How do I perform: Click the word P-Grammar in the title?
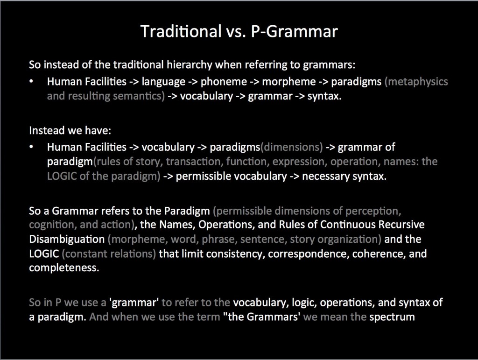(294, 31)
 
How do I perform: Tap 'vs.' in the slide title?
(236, 31)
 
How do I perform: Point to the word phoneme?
(224, 82)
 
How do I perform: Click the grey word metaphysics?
(416, 82)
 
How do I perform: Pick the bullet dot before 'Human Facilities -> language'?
(31, 81)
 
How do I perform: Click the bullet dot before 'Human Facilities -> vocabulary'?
(31, 147)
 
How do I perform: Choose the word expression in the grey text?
(300, 162)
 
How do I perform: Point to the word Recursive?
(401, 225)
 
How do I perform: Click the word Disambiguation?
(67, 239)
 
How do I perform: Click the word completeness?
(64, 268)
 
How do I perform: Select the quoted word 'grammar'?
(134, 303)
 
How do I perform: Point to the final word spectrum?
(392, 318)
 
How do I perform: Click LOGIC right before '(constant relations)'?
(44, 254)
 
